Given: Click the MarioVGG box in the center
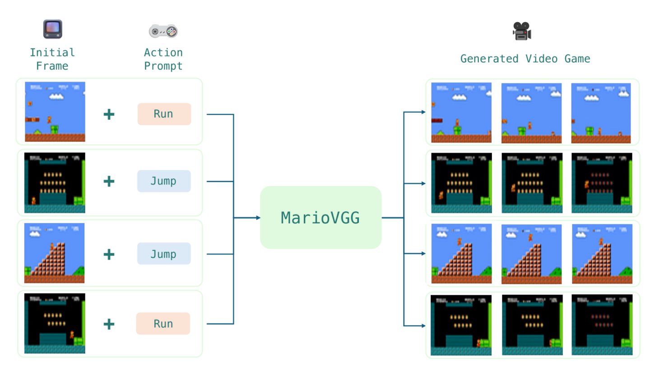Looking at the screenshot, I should click(320, 218).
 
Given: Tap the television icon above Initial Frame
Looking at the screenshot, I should click(52, 29).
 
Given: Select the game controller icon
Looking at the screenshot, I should click(163, 31).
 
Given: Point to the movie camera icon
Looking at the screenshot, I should click(522, 31).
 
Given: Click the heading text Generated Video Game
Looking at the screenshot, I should click(525, 59).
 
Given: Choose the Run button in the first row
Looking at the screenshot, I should click(164, 114).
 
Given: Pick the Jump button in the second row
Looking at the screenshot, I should click(164, 181).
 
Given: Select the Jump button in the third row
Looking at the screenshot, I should click(164, 254).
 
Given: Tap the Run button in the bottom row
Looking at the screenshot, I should click(163, 324).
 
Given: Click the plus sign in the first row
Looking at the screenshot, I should click(109, 114).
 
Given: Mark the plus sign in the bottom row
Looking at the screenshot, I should click(109, 324).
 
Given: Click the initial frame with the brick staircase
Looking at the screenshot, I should click(55, 253).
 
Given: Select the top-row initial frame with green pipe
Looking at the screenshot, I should click(55, 111).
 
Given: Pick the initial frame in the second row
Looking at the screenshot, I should click(55, 183).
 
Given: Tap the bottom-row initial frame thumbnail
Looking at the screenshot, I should click(55, 323).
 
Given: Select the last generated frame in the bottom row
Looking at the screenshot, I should click(602, 325).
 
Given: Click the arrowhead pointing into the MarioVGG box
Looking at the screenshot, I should click(258, 218).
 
